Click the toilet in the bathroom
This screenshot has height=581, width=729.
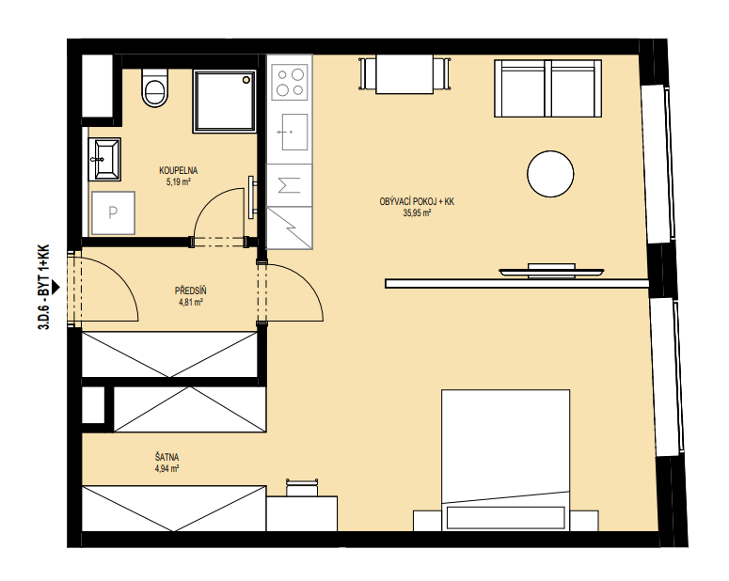click(x=155, y=88)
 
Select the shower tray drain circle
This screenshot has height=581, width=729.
click(x=246, y=81)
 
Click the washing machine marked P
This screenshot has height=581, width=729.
click(x=113, y=212)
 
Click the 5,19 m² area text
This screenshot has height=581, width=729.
click(x=179, y=182)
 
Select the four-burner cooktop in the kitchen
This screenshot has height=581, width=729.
click(x=290, y=83)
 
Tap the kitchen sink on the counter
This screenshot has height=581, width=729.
click(x=294, y=132)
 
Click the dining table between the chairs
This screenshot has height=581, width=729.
click(x=404, y=74)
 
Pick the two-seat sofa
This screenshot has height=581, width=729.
click(x=548, y=88)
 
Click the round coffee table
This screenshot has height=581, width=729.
click(x=550, y=174)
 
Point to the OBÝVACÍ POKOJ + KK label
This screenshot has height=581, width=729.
click(x=417, y=202)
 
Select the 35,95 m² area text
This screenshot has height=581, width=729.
click(x=417, y=213)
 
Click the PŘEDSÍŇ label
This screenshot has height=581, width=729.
click(x=191, y=290)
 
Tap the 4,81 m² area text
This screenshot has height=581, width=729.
click(x=191, y=303)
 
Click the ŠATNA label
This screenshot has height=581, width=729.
click(x=167, y=457)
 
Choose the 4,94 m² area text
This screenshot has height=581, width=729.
click(x=167, y=469)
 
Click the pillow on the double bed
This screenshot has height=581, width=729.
click(x=506, y=517)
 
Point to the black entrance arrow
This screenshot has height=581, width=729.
click(x=55, y=288)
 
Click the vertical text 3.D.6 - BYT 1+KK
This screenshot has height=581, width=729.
click(x=43, y=288)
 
